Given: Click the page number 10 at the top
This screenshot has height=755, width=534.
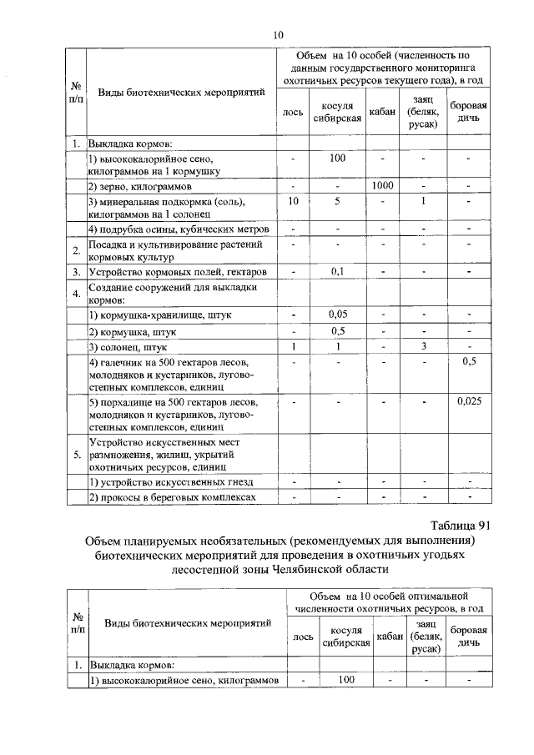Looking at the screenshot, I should [279, 34].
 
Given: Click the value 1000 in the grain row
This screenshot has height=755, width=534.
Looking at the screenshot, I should [382, 185].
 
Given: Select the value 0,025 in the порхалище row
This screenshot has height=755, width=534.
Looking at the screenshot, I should [469, 401].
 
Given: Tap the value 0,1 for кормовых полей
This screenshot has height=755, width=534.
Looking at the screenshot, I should [338, 271].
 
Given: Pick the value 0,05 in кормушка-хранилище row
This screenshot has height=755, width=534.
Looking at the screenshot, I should [338, 315].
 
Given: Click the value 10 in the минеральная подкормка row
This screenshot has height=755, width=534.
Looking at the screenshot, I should [293, 201].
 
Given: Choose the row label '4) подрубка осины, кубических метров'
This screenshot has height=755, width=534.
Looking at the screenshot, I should [178, 229].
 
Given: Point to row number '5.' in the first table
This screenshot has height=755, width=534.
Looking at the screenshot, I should [76, 455].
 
